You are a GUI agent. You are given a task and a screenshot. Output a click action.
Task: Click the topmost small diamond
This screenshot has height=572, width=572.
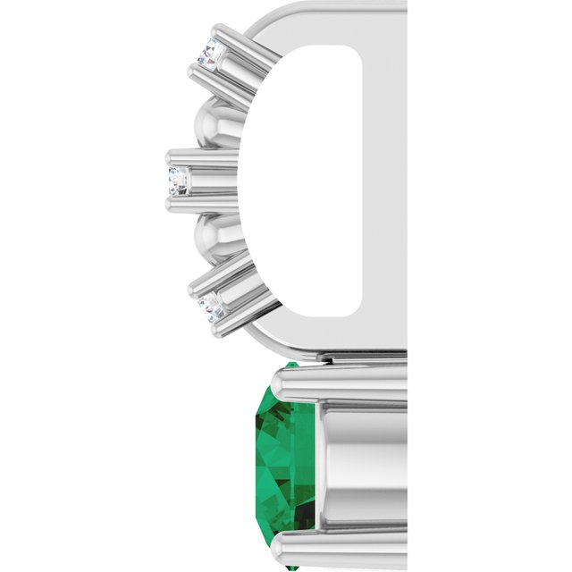[x=212, y=55]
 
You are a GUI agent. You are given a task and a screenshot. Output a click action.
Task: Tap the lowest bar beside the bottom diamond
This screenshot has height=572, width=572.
[x=228, y=317]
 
